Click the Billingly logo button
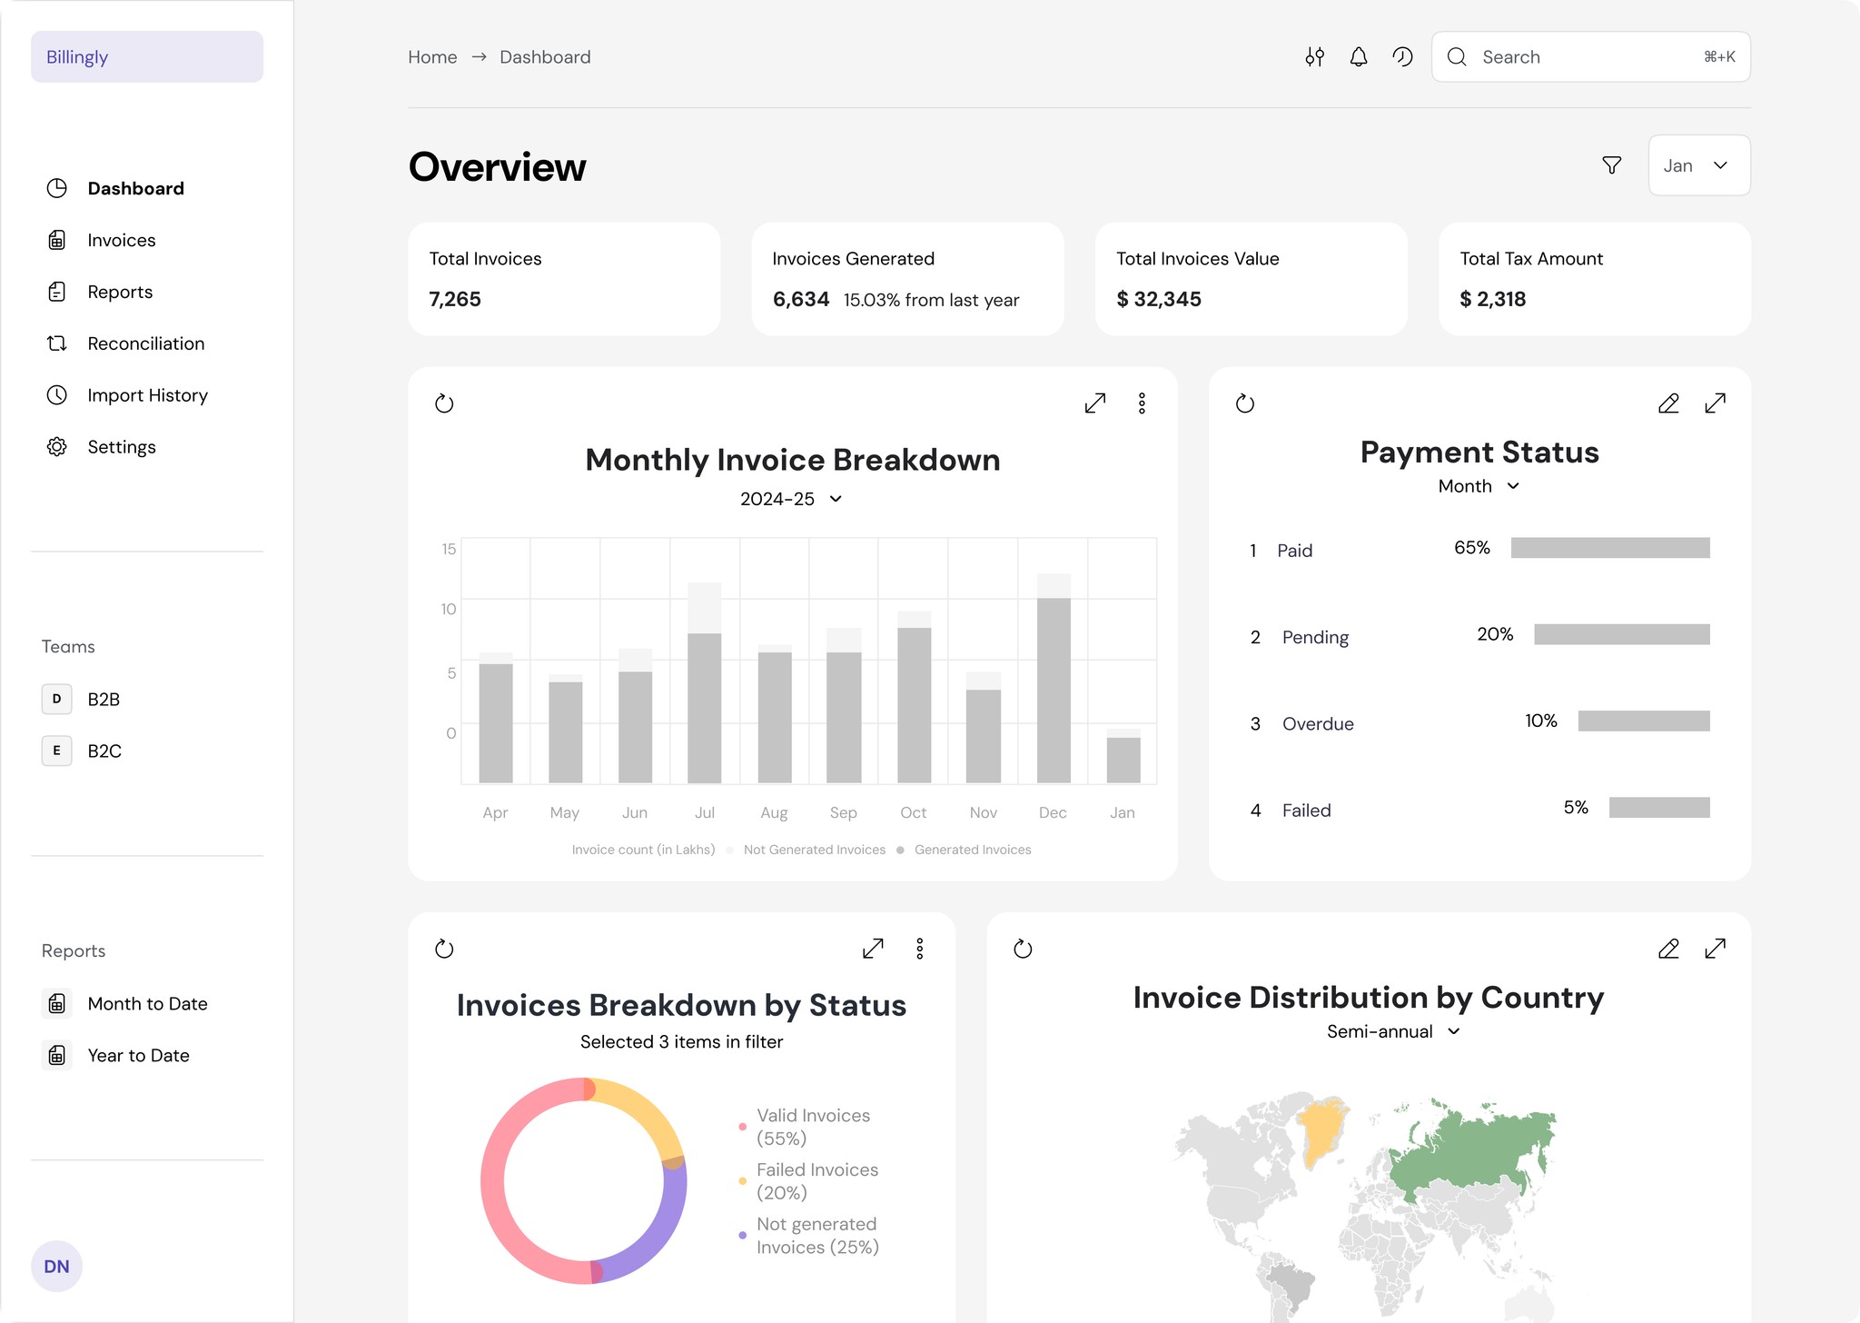click(x=146, y=57)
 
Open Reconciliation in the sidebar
click(x=145, y=343)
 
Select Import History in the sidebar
click(x=147, y=395)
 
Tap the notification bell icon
click(x=1358, y=57)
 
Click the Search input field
click(x=1589, y=57)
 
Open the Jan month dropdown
click(x=1697, y=165)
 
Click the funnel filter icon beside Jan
click(x=1611, y=165)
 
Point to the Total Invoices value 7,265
click(x=455, y=299)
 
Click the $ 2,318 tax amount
click(x=1492, y=299)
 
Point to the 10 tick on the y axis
click(x=449, y=609)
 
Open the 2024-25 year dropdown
click(x=791, y=499)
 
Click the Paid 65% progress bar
click(x=1609, y=548)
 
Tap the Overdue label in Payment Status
click(x=1317, y=724)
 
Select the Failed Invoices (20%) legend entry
click(x=816, y=1180)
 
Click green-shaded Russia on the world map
click(x=1471, y=1149)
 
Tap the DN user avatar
click(x=56, y=1266)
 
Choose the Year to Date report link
click(x=138, y=1055)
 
